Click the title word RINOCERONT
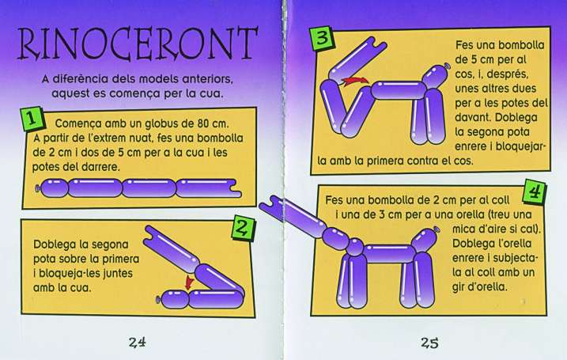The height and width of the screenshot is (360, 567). [138, 44]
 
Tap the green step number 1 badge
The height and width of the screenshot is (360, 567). [32, 119]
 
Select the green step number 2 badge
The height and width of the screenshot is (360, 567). [243, 228]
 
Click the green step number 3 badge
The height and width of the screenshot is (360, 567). [323, 39]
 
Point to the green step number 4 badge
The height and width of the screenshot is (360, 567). [534, 191]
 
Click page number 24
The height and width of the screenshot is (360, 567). [137, 342]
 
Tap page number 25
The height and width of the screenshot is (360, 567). [429, 342]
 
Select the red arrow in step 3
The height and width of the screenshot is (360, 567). [355, 81]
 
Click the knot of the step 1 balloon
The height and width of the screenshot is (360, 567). [37, 188]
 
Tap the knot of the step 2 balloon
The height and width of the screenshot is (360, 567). [158, 300]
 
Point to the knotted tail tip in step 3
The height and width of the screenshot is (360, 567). [448, 66]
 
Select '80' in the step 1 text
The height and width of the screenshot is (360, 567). [203, 123]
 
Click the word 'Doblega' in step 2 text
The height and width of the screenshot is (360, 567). [56, 244]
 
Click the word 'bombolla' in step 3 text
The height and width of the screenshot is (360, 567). [521, 45]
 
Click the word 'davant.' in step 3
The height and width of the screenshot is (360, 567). [473, 117]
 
